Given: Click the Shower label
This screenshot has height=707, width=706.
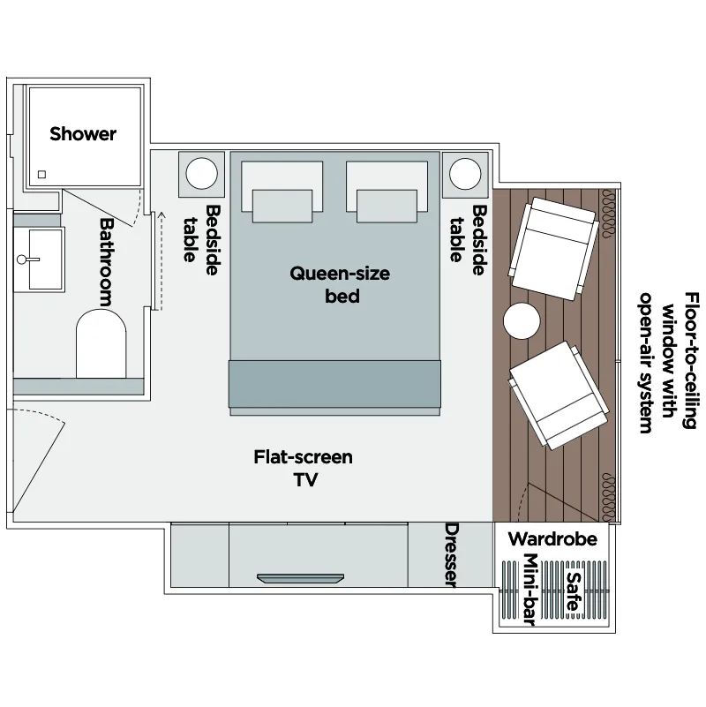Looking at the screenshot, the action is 83,134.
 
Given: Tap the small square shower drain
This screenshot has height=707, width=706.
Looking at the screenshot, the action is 42,175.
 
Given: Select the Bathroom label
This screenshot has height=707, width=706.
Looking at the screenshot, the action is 107,262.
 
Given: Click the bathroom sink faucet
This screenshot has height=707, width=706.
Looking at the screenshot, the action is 27,259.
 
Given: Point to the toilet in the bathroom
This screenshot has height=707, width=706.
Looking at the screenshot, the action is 101,343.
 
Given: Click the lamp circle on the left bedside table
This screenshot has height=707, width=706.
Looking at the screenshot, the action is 201,174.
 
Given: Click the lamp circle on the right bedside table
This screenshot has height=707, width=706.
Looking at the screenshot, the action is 465,174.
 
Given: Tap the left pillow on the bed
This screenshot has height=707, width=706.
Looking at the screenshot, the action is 282,192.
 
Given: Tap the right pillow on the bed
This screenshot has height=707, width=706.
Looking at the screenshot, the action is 387,192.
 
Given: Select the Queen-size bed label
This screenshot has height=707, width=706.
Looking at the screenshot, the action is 340,284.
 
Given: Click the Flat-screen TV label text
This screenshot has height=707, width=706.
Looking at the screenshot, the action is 304,468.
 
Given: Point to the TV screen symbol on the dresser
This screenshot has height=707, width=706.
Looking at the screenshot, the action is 300,578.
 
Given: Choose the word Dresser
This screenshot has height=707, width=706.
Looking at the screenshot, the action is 452,555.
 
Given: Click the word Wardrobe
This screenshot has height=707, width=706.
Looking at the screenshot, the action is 552,538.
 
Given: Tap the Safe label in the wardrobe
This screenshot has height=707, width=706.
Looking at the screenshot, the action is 574,591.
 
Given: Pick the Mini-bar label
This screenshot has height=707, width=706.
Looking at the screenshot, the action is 530,590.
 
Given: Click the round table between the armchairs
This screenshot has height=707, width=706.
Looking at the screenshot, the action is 522,321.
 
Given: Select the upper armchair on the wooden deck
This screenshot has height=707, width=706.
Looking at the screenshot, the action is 553,248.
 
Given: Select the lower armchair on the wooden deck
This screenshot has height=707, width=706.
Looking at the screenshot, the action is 559,395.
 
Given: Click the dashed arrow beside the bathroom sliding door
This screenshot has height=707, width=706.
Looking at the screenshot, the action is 161,260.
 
